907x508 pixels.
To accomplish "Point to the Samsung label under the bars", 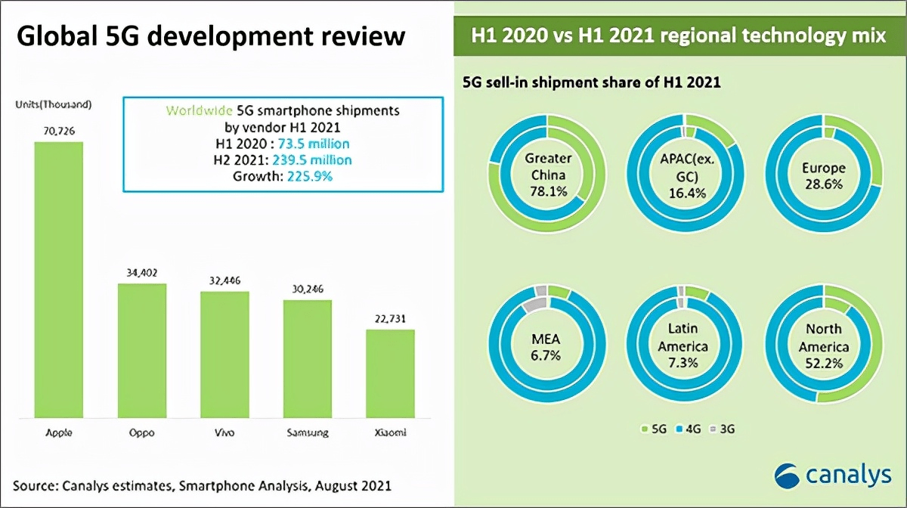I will pyautogui.click(x=308, y=433).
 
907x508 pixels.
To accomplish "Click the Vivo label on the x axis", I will pyautogui.click(x=224, y=433).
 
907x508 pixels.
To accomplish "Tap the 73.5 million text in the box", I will pyautogui.click(x=317, y=144).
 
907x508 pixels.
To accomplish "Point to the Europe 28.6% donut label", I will pyautogui.click(x=825, y=176).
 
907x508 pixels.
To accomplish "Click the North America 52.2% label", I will pyautogui.click(x=825, y=347).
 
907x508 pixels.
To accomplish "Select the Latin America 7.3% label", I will pyautogui.click(x=688, y=347).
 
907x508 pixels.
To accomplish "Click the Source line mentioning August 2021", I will pyautogui.click(x=202, y=484).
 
